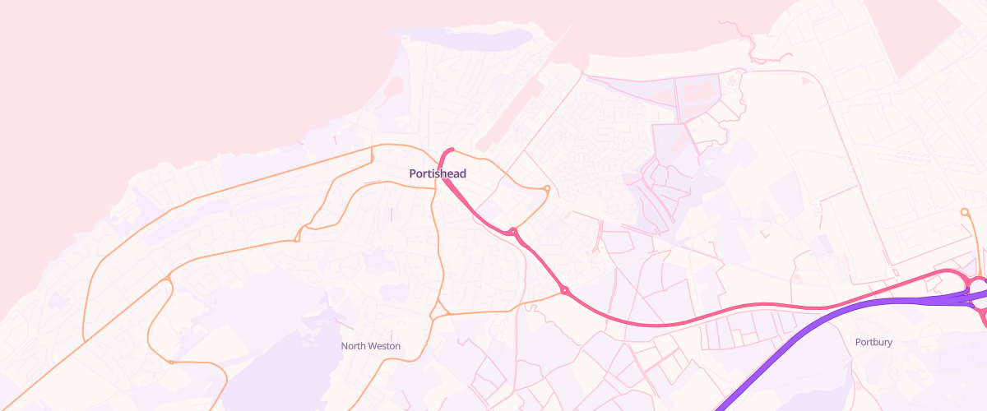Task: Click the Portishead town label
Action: click(x=438, y=173)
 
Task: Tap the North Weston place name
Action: click(x=371, y=346)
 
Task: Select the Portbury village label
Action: click(x=873, y=342)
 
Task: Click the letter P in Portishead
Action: click(x=413, y=173)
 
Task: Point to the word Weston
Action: click(x=383, y=346)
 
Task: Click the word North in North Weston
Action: click(x=353, y=346)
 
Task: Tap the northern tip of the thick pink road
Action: click(x=452, y=150)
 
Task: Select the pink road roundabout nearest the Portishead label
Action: click(x=512, y=232)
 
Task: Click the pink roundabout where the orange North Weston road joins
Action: click(x=564, y=289)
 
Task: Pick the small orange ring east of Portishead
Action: click(x=547, y=189)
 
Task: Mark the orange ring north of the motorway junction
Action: click(x=964, y=212)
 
